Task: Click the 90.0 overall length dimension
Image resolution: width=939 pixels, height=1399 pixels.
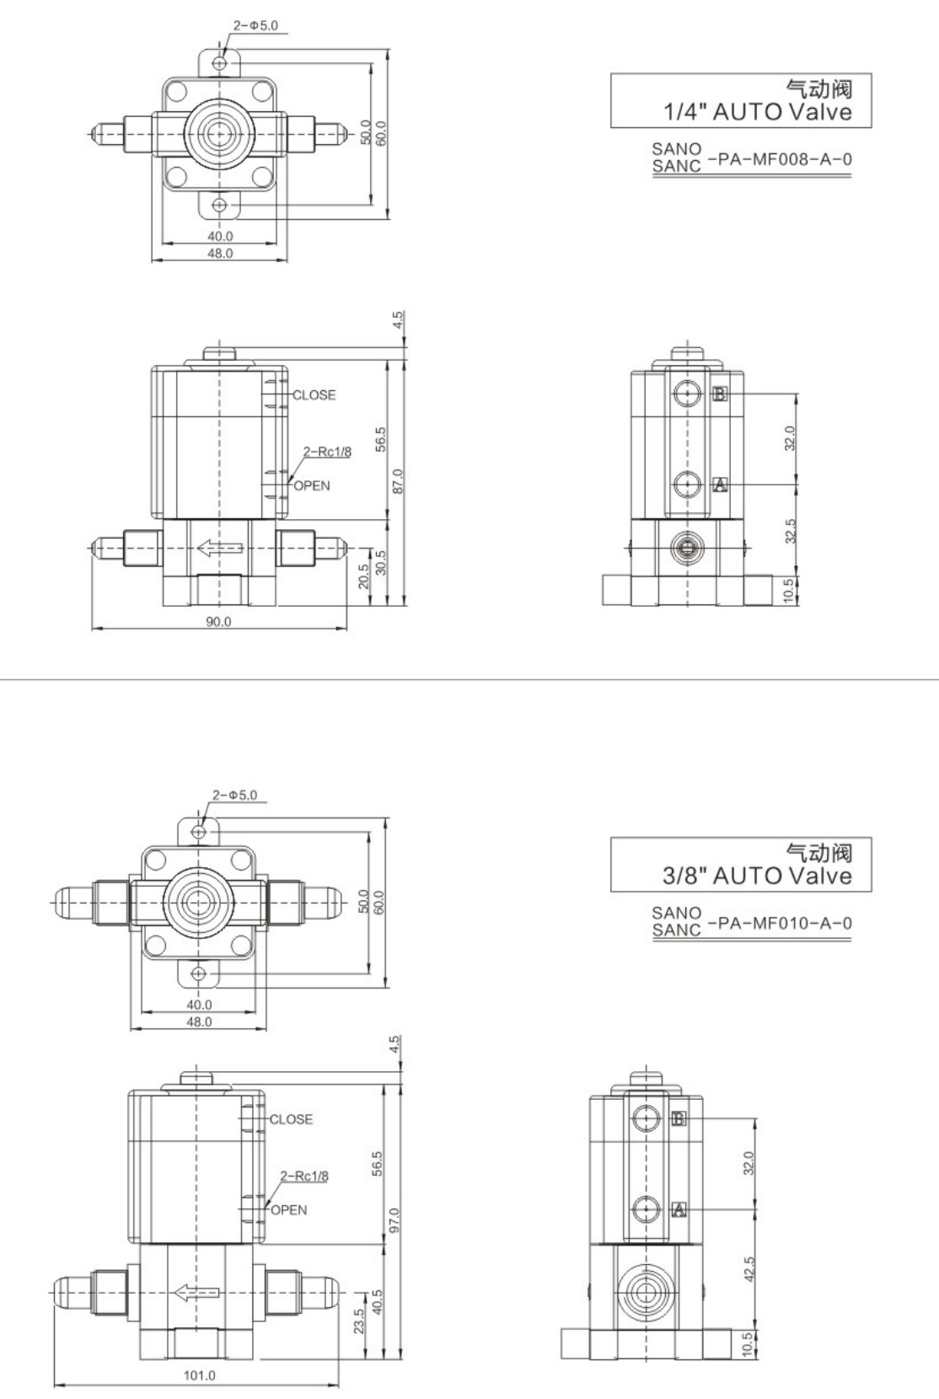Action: tap(218, 621)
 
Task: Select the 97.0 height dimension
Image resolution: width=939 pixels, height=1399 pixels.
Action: tap(394, 1220)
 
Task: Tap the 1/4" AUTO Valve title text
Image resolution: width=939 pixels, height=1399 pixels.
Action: tap(757, 112)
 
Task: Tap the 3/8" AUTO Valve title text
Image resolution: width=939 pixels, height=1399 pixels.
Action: tap(757, 876)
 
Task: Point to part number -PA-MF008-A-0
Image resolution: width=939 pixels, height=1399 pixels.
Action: tap(780, 159)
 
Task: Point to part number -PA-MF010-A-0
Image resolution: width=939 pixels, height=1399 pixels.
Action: tap(780, 923)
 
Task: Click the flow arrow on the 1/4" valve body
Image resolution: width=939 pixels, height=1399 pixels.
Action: tap(220, 549)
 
